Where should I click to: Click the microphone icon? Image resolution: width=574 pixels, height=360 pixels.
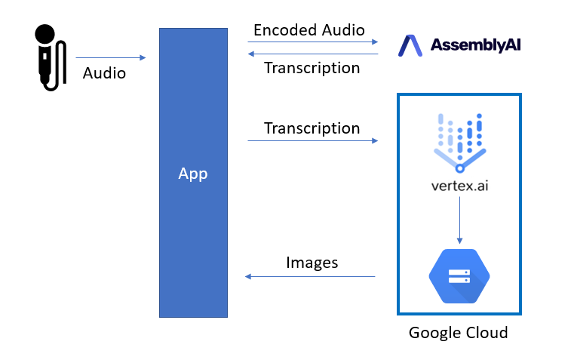point(46,57)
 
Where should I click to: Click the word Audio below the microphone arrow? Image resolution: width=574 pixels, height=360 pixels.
point(104,73)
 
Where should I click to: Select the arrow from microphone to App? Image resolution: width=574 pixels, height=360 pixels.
point(110,57)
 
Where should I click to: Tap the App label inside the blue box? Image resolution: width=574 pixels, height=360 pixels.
point(192,174)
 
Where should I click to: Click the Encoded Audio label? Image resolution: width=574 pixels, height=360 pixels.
point(309,30)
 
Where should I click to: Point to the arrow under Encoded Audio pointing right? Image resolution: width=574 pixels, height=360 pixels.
point(312,43)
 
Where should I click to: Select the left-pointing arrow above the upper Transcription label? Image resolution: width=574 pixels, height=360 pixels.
point(312,54)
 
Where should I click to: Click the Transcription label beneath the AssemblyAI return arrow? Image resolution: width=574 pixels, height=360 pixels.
point(312,68)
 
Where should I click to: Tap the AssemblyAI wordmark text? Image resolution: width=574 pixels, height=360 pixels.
point(475,45)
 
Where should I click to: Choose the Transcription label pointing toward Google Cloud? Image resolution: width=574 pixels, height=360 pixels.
point(312,128)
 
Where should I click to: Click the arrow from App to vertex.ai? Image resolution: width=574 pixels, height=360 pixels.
point(312,140)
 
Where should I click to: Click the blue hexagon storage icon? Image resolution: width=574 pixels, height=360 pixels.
point(459,275)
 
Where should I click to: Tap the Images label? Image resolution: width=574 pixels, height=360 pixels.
point(312,263)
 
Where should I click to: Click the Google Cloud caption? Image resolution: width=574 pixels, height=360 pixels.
point(458,332)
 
